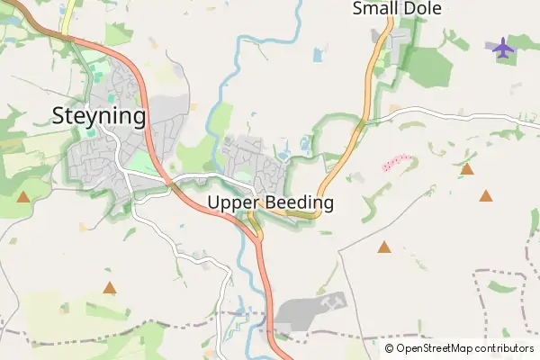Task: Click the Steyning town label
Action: [x=99, y=116]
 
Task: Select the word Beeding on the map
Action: [x=301, y=203]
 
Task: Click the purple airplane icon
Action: [x=502, y=46]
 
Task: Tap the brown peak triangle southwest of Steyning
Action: [x=23, y=195]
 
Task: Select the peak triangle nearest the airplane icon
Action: [x=467, y=168]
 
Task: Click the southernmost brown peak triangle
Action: [x=110, y=288]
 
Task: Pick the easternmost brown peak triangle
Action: [x=487, y=195]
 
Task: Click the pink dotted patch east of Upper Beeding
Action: [x=397, y=163]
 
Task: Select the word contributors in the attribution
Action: [x=505, y=348]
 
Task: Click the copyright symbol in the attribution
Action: [x=390, y=348]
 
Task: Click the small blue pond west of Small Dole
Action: [x=319, y=55]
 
